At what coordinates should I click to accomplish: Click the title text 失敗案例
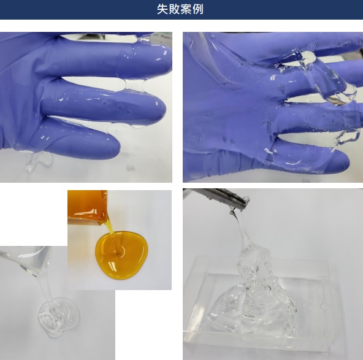(x=180, y=9)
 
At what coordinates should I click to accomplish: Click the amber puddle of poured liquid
(x=121, y=255)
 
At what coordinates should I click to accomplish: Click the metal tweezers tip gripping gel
(x=242, y=202)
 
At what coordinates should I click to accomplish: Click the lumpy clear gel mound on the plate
(x=254, y=299)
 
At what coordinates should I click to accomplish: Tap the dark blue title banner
(x=181, y=9)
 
